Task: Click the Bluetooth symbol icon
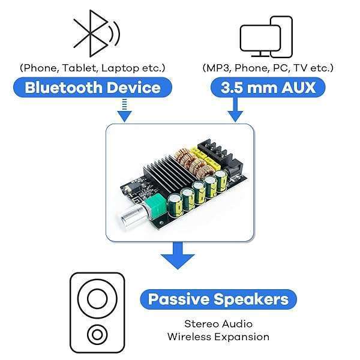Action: tap(97, 34)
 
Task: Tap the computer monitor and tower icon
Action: tap(266, 37)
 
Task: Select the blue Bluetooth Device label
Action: tap(92, 88)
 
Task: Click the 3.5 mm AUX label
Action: tap(268, 88)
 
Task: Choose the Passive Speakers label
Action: tap(218, 299)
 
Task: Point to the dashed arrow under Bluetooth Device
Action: tap(124, 110)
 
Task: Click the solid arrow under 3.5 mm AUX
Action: tap(235, 110)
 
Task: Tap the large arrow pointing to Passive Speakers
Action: tap(178, 256)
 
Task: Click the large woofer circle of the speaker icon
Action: tap(97, 298)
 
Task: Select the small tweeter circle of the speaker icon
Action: tap(97, 335)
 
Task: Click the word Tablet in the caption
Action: tap(80, 68)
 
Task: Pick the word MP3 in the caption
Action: tap(218, 68)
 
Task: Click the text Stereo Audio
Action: tap(218, 324)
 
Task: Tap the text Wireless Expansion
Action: tap(218, 337)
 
